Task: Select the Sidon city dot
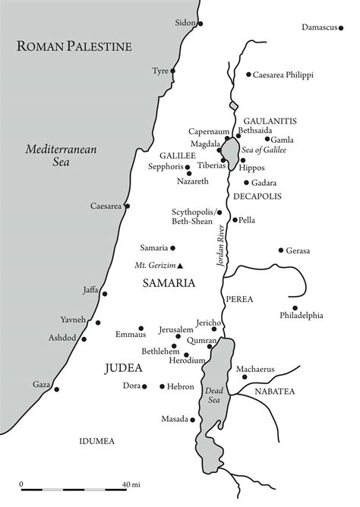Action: [201, 24]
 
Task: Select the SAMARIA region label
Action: [169, 283]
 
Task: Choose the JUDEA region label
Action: [122, 368]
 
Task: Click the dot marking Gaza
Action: [56, 389]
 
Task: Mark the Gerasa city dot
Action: [281, 250]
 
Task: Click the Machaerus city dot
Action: [239, 378]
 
